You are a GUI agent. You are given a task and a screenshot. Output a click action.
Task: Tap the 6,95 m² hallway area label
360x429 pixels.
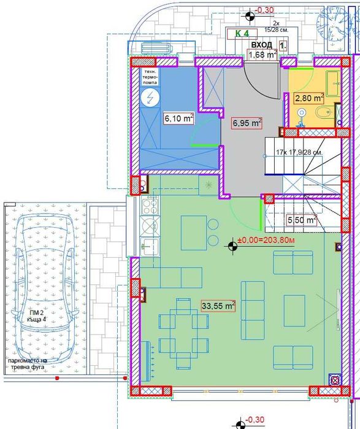click(247, 123)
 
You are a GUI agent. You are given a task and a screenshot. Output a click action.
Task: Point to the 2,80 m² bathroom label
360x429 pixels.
click(309, 98)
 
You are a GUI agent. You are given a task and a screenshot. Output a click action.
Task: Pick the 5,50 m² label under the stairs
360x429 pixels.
click(302, 220)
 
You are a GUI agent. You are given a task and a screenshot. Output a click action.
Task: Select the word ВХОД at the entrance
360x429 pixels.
click(262, 45)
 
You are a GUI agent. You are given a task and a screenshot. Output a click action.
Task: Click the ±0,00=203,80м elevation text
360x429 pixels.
click(266, 240)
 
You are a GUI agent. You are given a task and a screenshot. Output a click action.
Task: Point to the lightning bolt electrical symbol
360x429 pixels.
click(149, 98)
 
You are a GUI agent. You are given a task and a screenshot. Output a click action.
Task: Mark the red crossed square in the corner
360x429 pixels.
click(335, 381)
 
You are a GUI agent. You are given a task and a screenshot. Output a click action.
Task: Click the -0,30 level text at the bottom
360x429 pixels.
click(253, 420)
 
